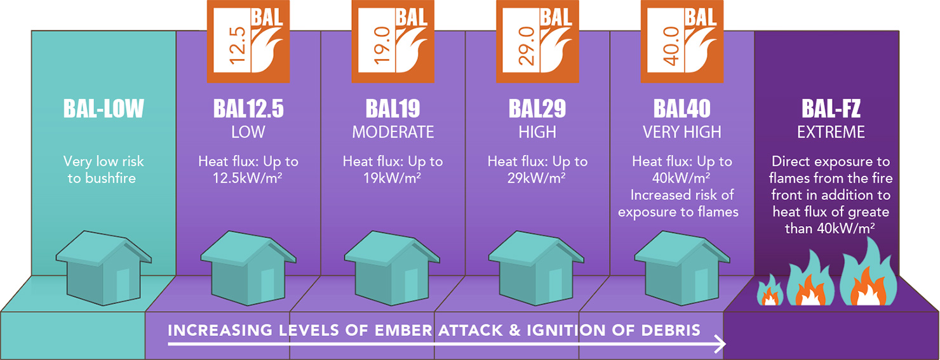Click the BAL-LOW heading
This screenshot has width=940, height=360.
104,108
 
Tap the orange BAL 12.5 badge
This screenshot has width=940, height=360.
248,41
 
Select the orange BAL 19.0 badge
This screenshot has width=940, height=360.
393,41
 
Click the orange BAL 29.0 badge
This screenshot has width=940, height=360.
537,41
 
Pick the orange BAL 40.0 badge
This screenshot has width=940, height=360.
682,41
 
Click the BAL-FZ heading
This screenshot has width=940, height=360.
831,108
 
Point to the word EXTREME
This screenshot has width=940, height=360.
831,132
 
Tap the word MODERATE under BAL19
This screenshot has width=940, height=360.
393,132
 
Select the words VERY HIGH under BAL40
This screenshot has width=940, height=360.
682,132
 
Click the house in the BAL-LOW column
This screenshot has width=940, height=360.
104,268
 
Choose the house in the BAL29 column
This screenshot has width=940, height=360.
536,268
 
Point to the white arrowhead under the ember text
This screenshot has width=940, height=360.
720,344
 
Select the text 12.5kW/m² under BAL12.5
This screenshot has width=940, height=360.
248,178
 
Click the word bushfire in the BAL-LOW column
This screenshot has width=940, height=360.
111,178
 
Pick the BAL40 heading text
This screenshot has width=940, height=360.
682,108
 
